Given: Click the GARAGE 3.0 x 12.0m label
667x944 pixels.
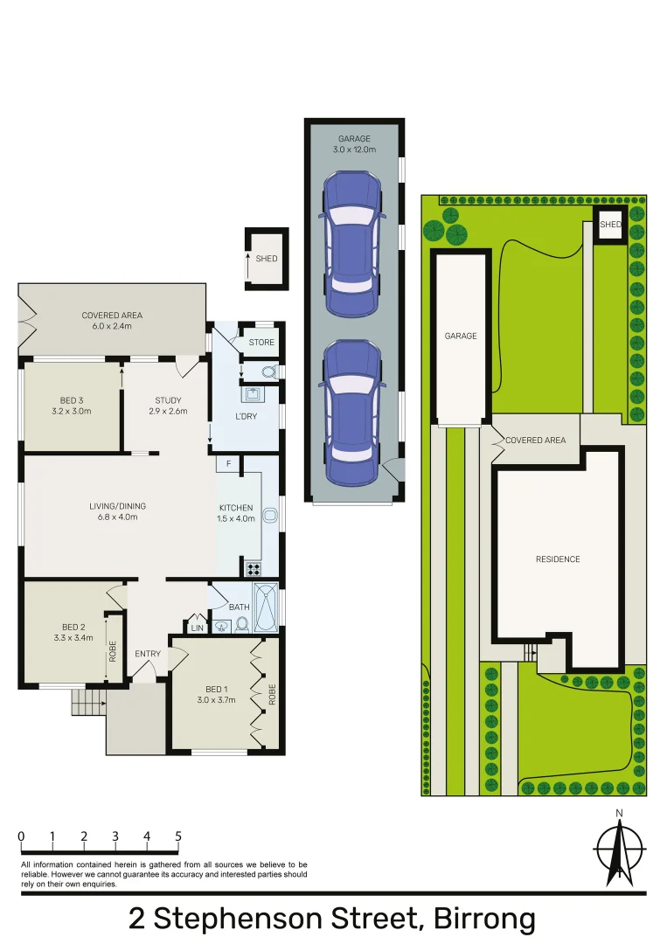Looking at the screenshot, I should coord(354,144).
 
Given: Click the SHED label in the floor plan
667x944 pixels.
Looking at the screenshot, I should coord(267,259).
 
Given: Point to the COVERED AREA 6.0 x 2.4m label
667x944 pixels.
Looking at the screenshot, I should coord(112,321).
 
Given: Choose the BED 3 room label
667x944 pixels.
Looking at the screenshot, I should coord(72,406).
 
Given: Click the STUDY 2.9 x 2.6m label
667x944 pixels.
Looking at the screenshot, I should coord(168,406).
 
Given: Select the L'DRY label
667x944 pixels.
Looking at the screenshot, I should coord(247,416).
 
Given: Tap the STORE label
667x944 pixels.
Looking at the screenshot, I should coord(261,343).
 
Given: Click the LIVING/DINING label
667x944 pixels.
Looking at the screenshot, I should coord(117,511).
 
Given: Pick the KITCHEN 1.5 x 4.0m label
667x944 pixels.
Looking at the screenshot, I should coord(236,513).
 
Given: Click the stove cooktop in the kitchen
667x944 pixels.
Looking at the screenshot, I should coord(254,569).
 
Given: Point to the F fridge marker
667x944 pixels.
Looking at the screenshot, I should coord(228,462).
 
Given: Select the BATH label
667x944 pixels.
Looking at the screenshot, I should coord(239,607).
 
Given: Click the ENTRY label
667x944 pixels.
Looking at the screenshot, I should coord(148,654).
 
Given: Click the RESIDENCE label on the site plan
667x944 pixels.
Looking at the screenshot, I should coord(558,559).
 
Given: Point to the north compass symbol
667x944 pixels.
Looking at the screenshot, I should coord(619,849).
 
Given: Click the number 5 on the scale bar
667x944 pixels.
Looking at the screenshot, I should coord(178,836).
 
